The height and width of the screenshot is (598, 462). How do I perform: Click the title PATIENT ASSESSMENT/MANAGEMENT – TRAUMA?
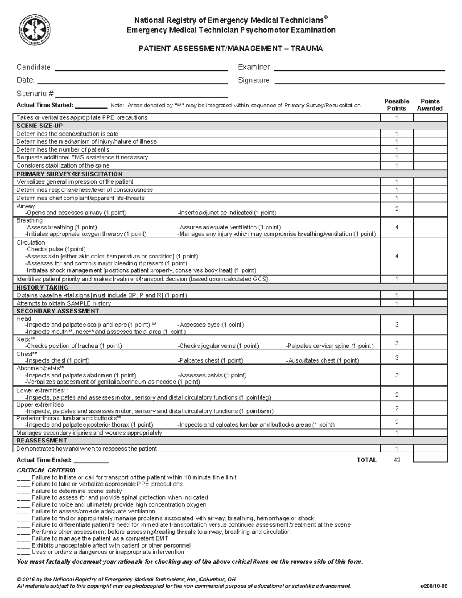click(231, 49)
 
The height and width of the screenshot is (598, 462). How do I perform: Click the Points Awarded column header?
click(430, 105)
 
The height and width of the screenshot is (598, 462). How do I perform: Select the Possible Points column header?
click(397, 105)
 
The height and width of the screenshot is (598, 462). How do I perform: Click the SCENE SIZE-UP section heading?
click(40, 126)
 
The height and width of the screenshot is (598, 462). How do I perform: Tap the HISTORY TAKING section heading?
click(42, 288)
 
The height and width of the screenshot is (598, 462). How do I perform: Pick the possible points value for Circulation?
click(397, 256)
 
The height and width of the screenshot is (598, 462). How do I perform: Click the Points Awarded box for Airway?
click(430, 209)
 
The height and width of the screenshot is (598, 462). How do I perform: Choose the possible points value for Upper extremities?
click(397, 408)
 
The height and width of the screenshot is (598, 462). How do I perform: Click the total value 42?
click(397, 460)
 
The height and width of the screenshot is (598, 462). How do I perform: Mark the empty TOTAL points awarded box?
click(430, 457)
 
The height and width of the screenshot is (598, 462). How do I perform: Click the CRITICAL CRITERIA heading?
click(46, 471)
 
